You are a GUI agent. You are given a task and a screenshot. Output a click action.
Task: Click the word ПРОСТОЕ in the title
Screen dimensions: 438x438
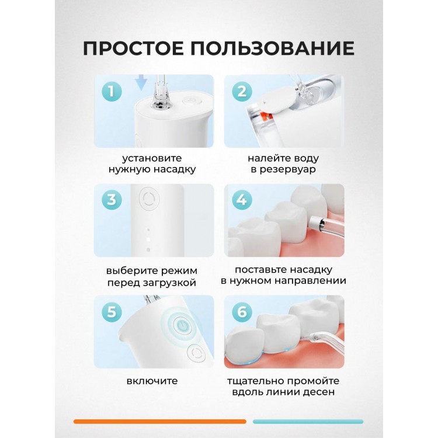[x=133, y=48]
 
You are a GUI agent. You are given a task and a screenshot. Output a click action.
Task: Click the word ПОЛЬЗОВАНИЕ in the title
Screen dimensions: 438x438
[x=273, y=48]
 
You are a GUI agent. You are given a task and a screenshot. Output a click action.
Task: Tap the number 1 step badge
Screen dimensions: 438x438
[x=112, y=91]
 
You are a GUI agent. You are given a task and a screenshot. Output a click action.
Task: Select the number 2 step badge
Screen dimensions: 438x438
[x=242, y=91]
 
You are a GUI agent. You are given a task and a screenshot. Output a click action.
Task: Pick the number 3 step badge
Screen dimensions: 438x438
[x=112, y=200]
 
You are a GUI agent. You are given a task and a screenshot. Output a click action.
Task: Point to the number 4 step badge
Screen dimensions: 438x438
[x=242, y=200]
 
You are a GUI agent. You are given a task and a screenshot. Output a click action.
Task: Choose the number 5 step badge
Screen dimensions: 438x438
[x=112, y=311]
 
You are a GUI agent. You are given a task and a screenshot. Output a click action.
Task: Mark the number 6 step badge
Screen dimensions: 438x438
[x=242, y=311]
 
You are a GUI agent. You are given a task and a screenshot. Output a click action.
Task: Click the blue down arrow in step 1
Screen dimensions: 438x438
[x=141, y=83]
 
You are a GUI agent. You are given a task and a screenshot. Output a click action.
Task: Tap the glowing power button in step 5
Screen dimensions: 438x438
[x=182, y=325]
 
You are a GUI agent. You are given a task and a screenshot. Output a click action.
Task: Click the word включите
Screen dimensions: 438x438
[x=152, y=381]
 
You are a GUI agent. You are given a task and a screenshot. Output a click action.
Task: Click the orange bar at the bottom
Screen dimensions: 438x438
[x=160, y=422]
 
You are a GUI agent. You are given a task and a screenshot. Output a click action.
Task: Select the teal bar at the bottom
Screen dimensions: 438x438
[x=308, y=422]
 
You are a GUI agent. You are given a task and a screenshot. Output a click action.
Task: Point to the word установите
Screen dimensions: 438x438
[x=152, y=158]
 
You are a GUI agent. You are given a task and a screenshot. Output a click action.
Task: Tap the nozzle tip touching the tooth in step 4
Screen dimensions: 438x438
[x=314, y=223]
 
